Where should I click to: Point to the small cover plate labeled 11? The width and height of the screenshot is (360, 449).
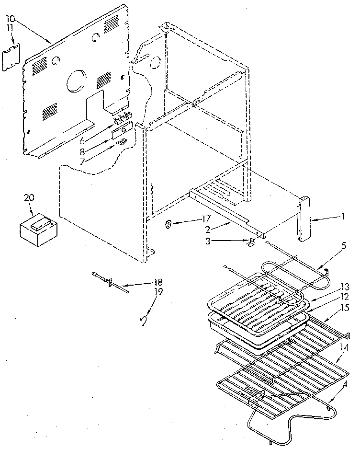(x=17, y=58)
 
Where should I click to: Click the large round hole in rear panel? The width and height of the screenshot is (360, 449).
(x=75, y=80)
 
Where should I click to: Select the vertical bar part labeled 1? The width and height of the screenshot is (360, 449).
(x=303, y=219)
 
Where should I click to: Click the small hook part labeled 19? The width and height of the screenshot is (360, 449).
(x=142, y=322)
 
